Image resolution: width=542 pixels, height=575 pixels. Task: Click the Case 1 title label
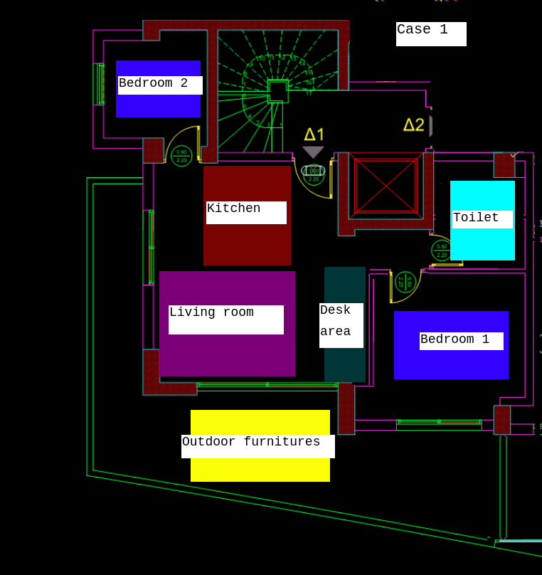431,33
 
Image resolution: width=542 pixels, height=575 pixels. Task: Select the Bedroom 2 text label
160,85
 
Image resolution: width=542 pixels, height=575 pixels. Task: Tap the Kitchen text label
246,212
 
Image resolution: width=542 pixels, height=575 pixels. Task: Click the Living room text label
225,319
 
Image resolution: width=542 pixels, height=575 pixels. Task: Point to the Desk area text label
341,325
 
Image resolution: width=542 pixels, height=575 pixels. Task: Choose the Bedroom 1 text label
461,341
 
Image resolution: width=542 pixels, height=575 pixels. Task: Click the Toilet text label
482,219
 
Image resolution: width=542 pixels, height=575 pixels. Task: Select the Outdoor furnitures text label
257,445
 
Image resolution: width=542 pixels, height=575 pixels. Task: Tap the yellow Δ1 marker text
314,134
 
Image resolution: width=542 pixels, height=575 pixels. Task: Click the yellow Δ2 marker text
413,125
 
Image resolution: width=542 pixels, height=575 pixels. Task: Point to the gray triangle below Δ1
313,152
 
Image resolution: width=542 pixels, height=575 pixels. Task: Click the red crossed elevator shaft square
386,186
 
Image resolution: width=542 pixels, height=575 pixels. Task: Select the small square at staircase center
278,91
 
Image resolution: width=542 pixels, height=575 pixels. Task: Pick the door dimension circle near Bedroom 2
181,156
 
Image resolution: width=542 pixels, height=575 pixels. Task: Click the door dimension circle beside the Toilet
442,250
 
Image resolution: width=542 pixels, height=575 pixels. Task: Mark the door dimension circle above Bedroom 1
405,283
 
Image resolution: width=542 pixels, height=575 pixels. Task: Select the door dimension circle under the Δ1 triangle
314,174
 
